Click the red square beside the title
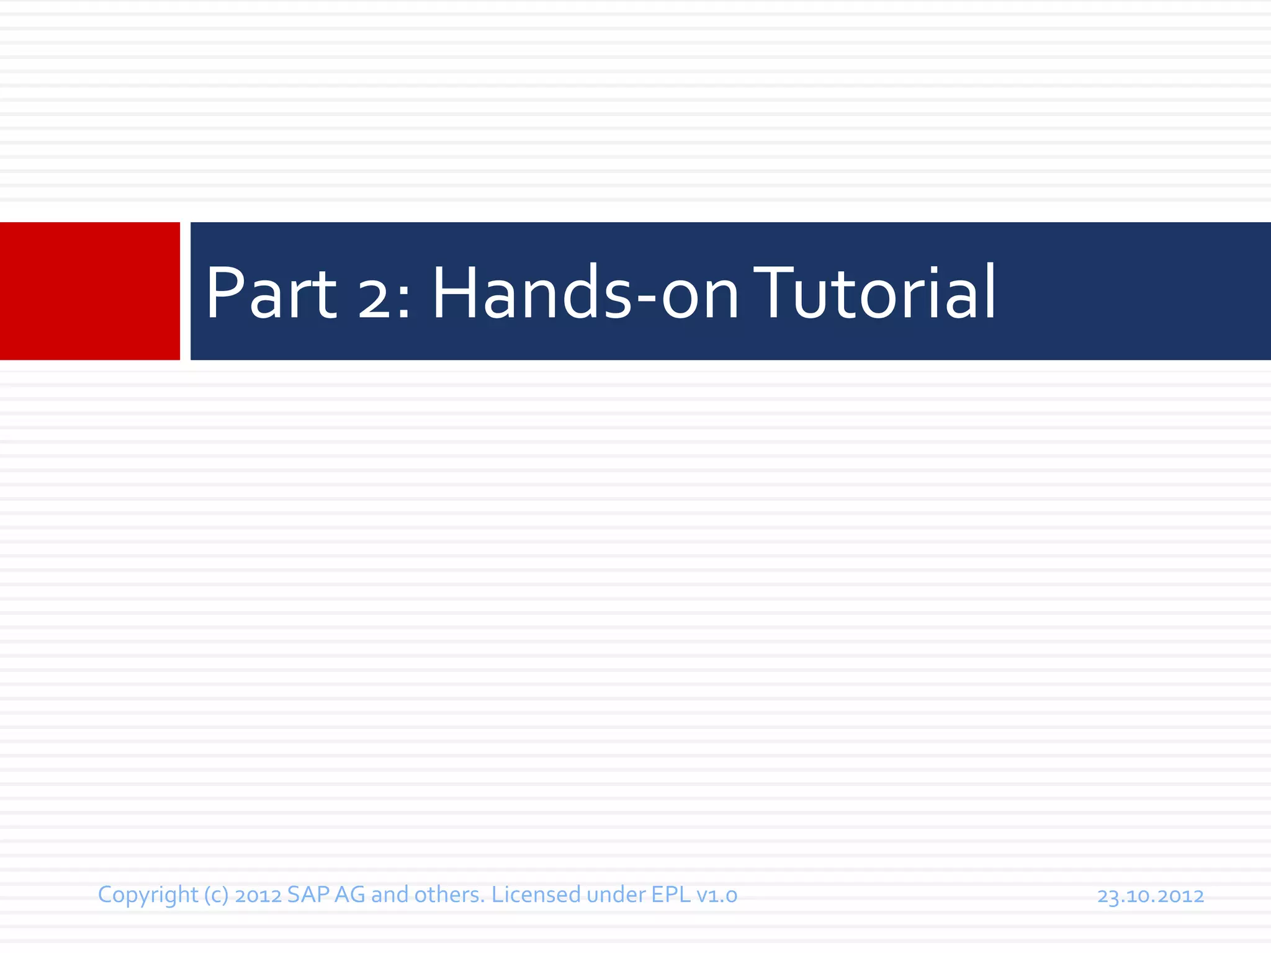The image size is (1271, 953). pyautogui.click(x=90, y=291)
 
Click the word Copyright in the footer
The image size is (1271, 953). pyautogui.click(x=148, y=895)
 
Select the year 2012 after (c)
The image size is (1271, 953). pyautogui.click(x=258, y=895)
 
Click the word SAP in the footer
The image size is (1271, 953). pyautogui.click(x=308, y=895)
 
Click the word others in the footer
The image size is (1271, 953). pyautogui.click(x=449, y=895)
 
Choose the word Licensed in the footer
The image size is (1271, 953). pyautogui.click(x=536, y=895)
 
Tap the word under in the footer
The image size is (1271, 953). pyautogui.click(x=616, y=895)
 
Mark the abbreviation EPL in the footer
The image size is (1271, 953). pyautogui.click(x=670, y=895)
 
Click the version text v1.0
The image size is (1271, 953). pyautogui.click(x=717, y=895)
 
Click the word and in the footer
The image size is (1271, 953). pyautogui.click(x=390, y=895)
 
